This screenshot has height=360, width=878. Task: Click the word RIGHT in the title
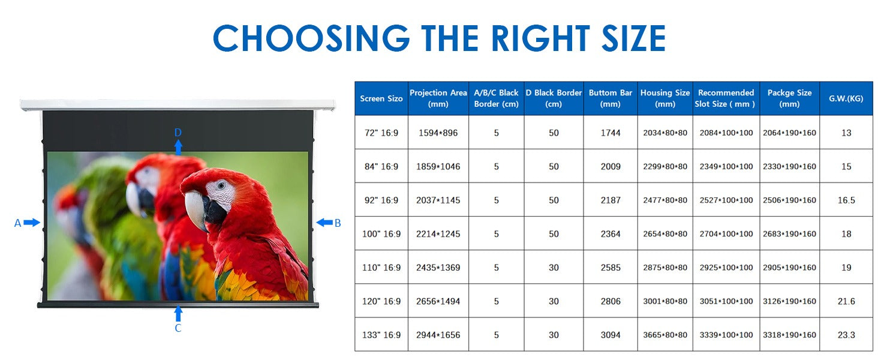(x=540, y=38)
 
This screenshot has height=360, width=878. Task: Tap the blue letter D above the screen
(x=178, y=133)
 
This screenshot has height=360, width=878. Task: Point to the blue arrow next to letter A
(x=32, y=223)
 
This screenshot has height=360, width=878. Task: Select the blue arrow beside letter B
(x=324, y=223)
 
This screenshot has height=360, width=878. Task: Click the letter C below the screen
(x=178, y=328)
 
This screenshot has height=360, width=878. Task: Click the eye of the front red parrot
(x=222, y=185)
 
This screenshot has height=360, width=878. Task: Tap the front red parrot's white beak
(x=195, y=208)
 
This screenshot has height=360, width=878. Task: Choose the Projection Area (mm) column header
(x=438, y=98)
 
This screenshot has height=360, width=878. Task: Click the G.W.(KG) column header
(x=846, y=98)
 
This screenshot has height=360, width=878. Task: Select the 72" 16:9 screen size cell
(x=381, y=133)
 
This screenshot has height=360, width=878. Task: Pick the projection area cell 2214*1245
(x=438, y=234)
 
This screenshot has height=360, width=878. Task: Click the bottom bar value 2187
(x=611, y=200)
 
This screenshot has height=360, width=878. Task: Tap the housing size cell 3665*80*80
(x=664, y=335)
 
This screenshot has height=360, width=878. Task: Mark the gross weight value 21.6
(x=846, y=302)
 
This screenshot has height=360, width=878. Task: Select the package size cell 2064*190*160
(x=789, y=133)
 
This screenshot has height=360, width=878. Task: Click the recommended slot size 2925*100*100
(x=726, y=268)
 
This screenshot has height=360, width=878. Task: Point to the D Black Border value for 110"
(x=554, y=268)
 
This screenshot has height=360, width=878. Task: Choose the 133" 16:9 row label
(x=381, y=335)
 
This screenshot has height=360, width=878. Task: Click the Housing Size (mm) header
(x=664, y=98)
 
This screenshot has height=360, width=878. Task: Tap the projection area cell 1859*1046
(x=438, y=167)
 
